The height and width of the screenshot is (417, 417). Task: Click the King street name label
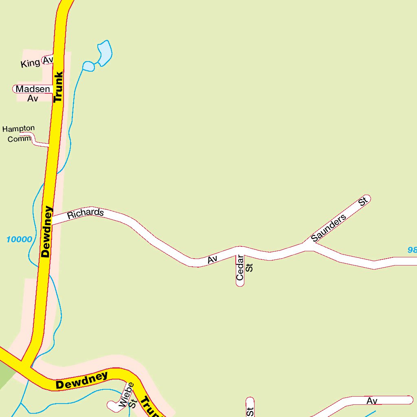(x=30, y=63)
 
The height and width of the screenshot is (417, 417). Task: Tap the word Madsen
(x=33, y=89)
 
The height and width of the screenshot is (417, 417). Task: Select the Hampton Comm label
(x=18, y=134)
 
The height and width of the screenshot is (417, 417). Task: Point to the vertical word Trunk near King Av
(x=58, y=87)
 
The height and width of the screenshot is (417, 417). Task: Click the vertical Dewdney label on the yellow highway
(x=47, y=232)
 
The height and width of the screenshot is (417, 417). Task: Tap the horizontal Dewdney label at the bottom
(x=82, y=380)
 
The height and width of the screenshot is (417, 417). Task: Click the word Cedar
(x=240, y=268)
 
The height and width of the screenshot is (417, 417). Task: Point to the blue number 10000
(x=19, y=239)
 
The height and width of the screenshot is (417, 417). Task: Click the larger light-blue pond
(x=105, y=52)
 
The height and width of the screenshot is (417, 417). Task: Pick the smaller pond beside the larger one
(x=88, y=66)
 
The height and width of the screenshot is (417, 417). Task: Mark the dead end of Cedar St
(x=240, y=283)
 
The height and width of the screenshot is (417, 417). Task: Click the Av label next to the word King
(x=48, y=60)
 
